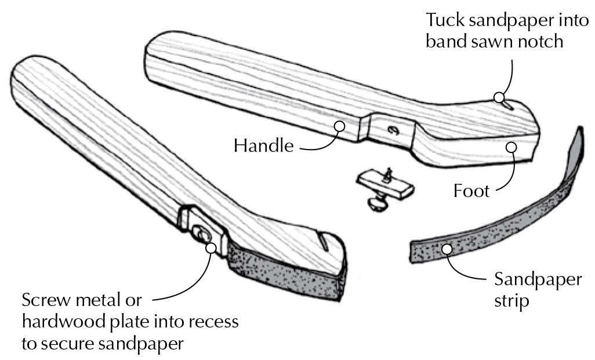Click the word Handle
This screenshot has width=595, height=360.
coord(263,145)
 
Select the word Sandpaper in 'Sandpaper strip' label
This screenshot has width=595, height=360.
coord(538,280)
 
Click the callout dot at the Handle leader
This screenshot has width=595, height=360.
coord(340,125)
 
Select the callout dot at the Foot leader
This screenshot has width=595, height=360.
coord(511,147)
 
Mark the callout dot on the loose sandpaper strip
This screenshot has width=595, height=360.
coord(447,249)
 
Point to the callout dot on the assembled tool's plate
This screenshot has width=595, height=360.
coord(210,248)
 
